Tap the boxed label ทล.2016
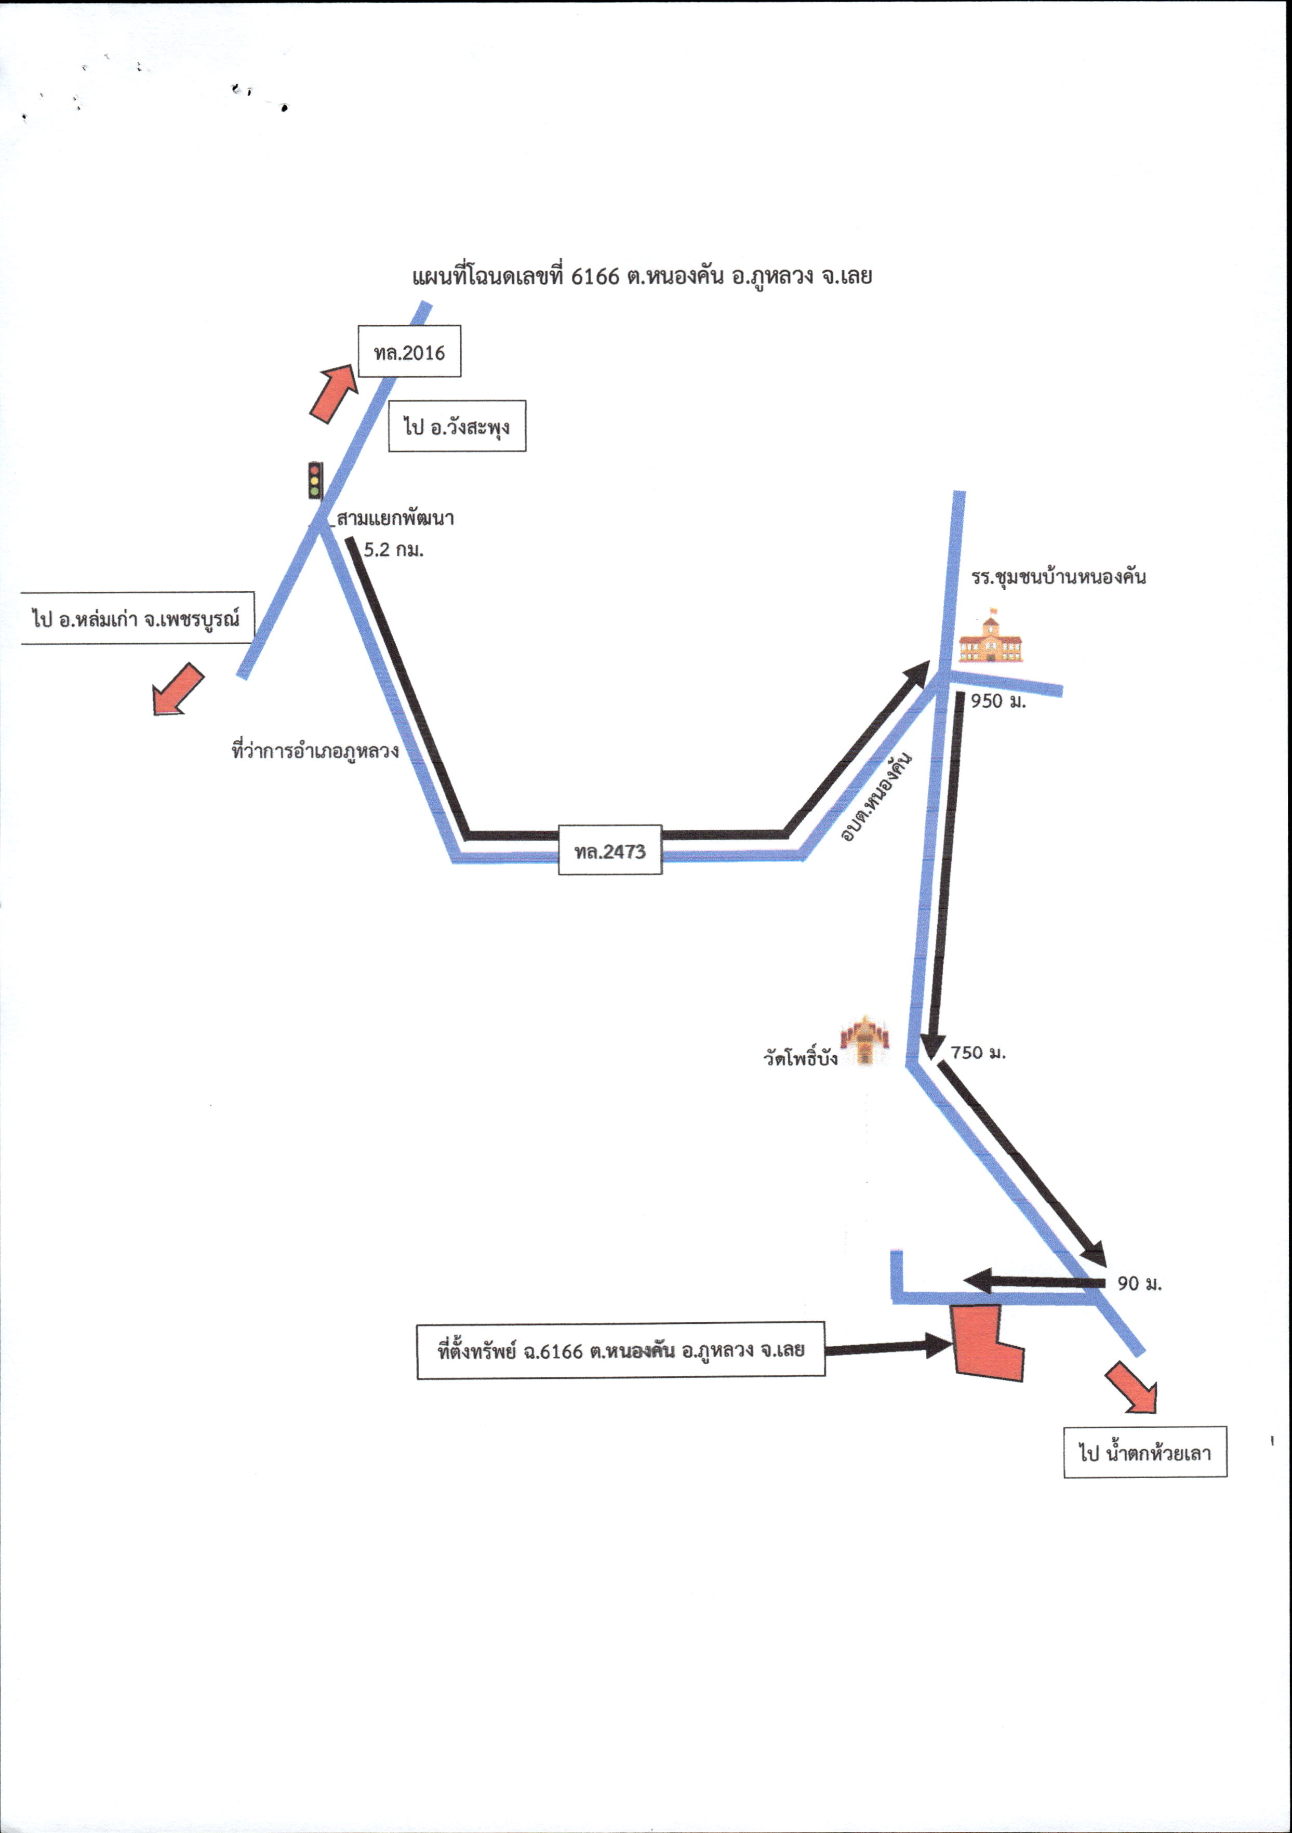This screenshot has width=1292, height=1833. [x=409, y=351]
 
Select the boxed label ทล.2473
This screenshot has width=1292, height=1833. [x=610, y=850]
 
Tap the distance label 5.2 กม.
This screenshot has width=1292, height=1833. [x=393, y=549]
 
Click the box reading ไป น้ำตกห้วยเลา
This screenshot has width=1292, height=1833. [x=1145, y=1452]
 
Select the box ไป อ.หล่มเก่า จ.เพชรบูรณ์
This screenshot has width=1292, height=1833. [x=137, y=618]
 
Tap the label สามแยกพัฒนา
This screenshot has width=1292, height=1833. [x=395, y=518]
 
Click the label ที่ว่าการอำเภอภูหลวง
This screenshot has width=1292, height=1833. [x=315, y=750]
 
